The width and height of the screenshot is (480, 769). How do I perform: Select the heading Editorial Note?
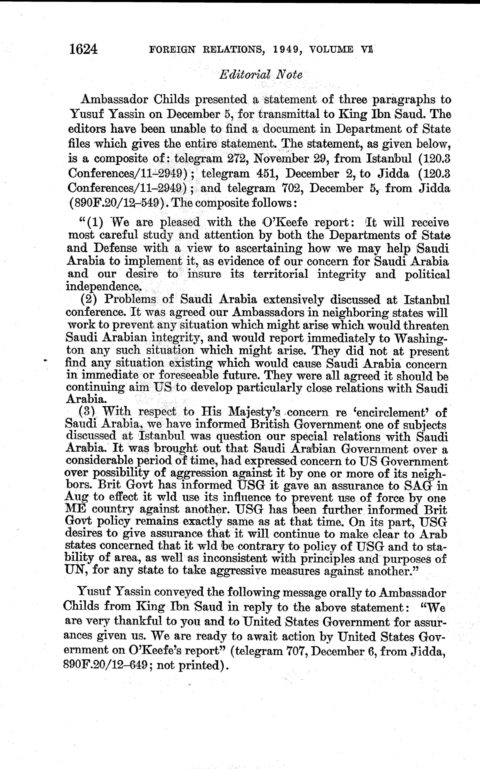click(261, 75)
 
